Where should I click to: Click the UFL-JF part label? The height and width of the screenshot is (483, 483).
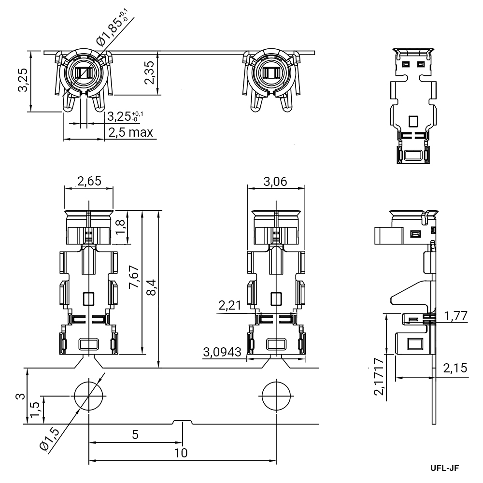pos(444,468)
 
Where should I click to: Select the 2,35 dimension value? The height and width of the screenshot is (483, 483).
pos(151,72)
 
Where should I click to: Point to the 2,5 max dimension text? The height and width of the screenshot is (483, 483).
pos(130,132)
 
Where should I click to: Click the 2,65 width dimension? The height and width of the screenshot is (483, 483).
pos(89,182)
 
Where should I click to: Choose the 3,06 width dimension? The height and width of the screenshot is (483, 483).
pos(276,182)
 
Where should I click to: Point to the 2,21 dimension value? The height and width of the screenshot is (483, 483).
pos(229,305)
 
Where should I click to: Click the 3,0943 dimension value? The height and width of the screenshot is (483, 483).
pos(223,352)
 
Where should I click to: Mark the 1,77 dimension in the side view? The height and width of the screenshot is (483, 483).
pos(456,316)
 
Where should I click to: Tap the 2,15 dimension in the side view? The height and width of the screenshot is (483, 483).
pos(455,368)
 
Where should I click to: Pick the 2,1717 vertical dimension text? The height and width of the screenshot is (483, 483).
pos(380,376)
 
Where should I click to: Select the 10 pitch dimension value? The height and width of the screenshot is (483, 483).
pos(181,453)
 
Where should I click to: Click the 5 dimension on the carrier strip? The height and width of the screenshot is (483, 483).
pos(135,435)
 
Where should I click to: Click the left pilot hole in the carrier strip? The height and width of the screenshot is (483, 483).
pos(88,396)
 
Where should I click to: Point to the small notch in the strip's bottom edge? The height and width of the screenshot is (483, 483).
pos(183,422)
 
